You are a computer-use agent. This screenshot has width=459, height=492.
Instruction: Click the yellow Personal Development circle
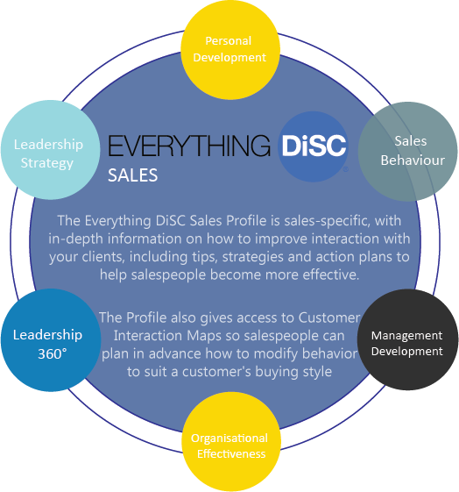click(x=230, y=50)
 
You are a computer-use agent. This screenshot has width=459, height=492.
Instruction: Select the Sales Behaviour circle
click(x=408, y=152)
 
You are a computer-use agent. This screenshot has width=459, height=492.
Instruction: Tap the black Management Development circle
click(x=407, y=339)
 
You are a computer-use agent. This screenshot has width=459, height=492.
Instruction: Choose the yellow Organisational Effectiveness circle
click(x=231, y=441)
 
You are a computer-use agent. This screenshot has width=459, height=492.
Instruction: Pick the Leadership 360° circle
click(x=51, y=339)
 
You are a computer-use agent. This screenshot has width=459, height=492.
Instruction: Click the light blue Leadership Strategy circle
click(x=51, y=150)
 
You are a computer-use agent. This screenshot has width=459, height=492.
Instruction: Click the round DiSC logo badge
click(x=314, y=146)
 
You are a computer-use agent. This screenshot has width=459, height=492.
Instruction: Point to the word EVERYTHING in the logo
click(x=189, y=146)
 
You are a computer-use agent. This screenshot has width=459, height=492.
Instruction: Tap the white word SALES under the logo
click(x=133, y=175)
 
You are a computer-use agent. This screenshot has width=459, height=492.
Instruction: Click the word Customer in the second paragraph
click(x=329, y=317)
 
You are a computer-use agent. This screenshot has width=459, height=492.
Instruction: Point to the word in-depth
click(x=76, y=239)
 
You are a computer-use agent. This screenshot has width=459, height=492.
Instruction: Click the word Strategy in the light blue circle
click(x=47, y=163)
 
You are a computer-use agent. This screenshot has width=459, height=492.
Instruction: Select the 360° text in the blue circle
click(x=52, y=354)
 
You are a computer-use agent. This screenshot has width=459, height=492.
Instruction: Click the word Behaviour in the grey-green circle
click(x=413, y=160)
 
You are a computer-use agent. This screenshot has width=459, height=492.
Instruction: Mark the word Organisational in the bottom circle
click(x=229, y=439)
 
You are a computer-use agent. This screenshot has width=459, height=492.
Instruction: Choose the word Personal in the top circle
click(x=229, y=41)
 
